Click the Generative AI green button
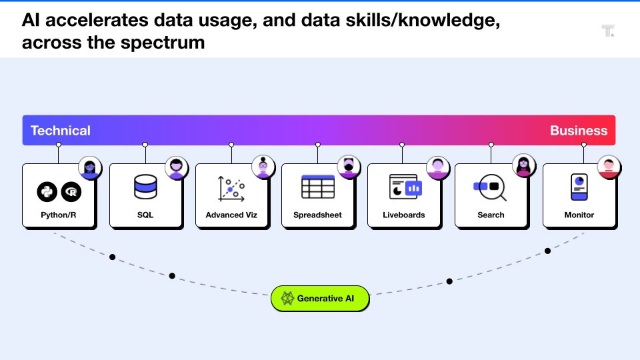coord(320,299)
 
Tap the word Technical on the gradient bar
coord(61,131)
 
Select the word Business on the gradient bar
coord(578,131)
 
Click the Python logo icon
coord(47,192)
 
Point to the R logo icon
coord(71,192)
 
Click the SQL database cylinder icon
coord(145,187)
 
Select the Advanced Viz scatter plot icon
coord(231,189)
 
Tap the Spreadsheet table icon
coord(317,187)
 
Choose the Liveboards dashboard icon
coord(405,187)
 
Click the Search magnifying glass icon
coord(491,188)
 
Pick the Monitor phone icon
coord(578,187)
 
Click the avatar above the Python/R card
coord(90,167)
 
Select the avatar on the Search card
coord(523,166)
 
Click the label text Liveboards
coord(404,215)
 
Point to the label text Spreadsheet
coord(318,215)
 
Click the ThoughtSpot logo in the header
coord(607,31)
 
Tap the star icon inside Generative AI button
coord(287,299)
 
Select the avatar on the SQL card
coord(177,167)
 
